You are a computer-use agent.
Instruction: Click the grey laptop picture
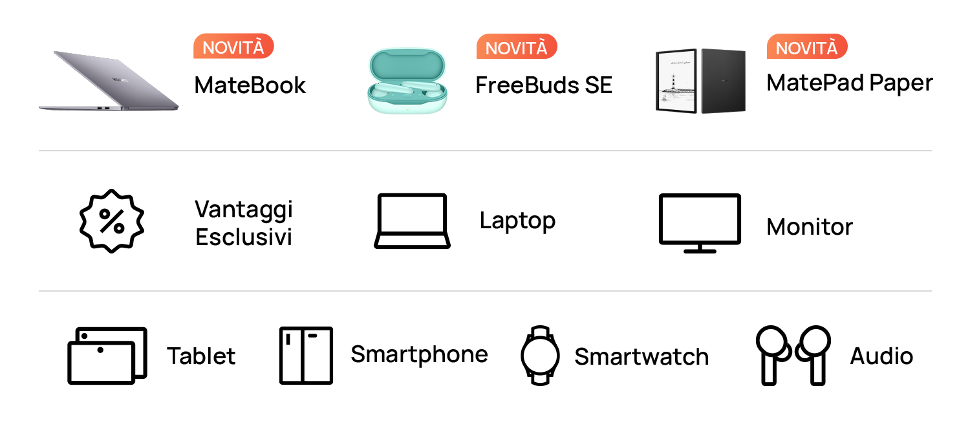pos(109,81)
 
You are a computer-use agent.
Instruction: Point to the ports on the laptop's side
pos(103,107)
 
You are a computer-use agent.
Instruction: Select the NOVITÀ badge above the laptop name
pos(233,47)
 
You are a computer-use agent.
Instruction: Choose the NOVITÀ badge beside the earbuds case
pos(516,47)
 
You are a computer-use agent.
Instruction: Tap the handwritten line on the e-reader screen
pos(677,61)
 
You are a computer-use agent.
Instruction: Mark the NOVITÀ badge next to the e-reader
pos(807,47)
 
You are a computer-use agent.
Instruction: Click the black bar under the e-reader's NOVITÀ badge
pos(850,85)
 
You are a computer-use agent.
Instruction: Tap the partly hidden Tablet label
pos(201,356)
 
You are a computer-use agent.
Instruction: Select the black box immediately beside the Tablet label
pos(107,356)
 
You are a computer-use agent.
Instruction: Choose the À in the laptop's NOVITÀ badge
pos(257,46)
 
